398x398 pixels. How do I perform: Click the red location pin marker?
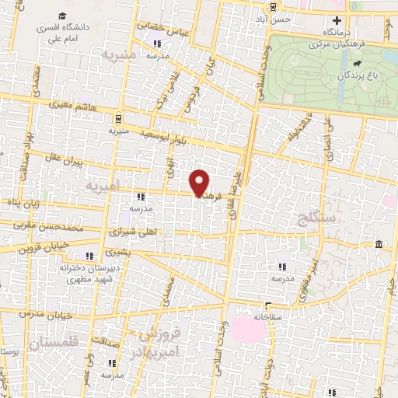200,184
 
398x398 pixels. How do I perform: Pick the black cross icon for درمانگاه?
337,20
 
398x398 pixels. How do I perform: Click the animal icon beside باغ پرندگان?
355,64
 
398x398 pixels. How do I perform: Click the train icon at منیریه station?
118,119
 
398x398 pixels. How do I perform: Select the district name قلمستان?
53,342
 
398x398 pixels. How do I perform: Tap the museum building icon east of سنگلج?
379,246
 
